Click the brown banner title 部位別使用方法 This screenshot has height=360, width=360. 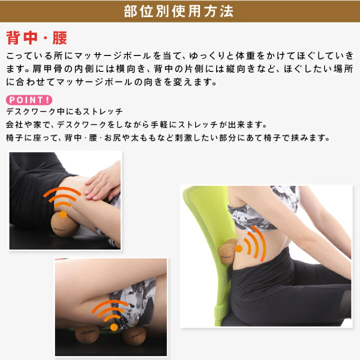(178, 11)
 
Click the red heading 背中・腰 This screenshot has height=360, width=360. (36, 37)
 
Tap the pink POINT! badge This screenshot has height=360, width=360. (29, 100)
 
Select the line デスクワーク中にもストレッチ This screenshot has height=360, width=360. (64, 111)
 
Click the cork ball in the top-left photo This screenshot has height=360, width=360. (65, 225)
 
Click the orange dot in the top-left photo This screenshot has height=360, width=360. (63, 214)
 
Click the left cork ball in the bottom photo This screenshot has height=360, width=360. (87, 334)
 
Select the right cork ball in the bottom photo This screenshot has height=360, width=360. (134, 335)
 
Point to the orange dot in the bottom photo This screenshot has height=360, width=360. (114, 327)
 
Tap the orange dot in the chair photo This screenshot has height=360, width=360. (239, 248)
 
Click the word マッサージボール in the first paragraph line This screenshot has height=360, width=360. (112, 56)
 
